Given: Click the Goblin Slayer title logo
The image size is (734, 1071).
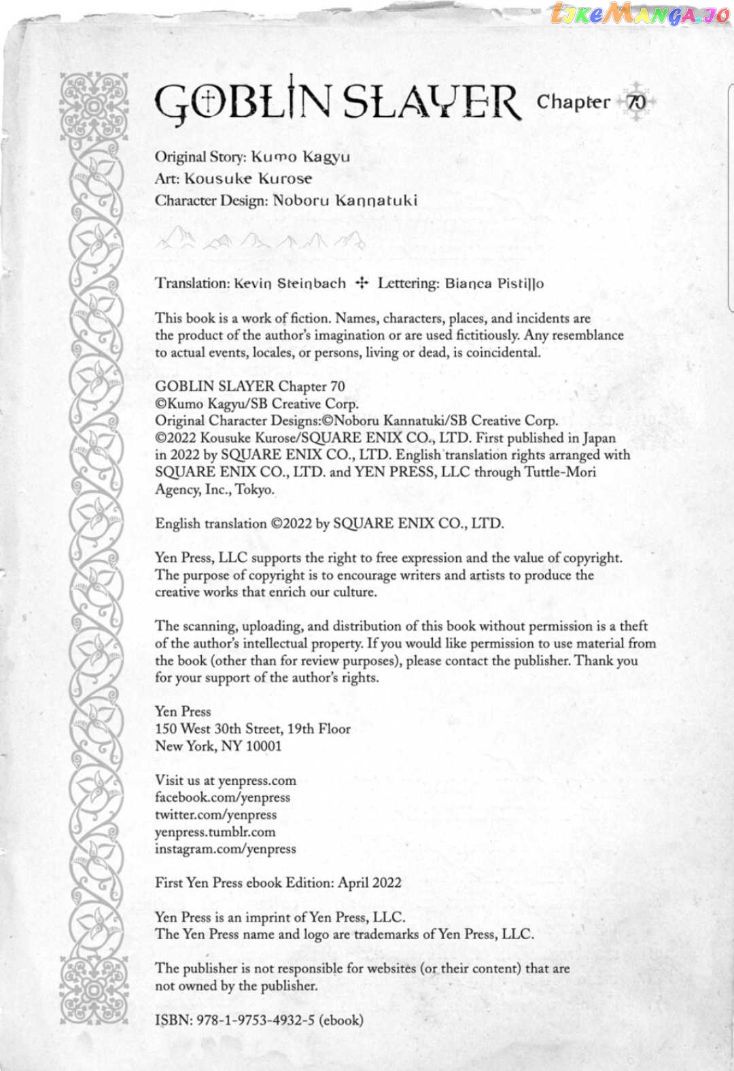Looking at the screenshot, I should coord(338,102).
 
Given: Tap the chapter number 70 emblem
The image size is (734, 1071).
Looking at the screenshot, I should coord(636,102).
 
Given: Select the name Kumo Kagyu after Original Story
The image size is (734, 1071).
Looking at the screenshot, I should coord(300,157).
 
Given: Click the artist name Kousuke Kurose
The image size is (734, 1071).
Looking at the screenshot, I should coord(248,179).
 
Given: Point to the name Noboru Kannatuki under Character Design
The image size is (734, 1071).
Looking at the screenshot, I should coord(345,200).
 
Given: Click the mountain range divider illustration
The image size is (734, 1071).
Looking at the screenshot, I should coord(260,239).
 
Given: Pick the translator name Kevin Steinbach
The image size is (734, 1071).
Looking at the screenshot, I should coord(290,283).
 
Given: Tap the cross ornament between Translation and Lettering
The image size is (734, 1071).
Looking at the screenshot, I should coord(362,283).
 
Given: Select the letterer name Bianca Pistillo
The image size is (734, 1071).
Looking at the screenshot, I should coord(494,283).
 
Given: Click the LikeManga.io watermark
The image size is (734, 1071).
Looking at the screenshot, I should coord(639,14).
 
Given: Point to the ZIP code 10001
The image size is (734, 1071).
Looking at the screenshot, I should coord(263,746).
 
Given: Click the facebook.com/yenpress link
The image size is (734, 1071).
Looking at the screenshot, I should coord(222,797).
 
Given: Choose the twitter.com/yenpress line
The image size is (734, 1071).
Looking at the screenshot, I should coord(215,814).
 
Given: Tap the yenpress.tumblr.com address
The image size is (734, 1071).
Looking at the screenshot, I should coord(215,832).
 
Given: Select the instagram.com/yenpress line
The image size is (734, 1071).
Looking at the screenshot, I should coord(225,849).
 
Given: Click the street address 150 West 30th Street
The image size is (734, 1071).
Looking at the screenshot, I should coord(218,729).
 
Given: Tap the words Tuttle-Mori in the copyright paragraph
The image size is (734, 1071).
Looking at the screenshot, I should coord(559,472).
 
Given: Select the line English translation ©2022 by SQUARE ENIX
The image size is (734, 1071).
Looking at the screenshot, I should coord(330,523).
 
